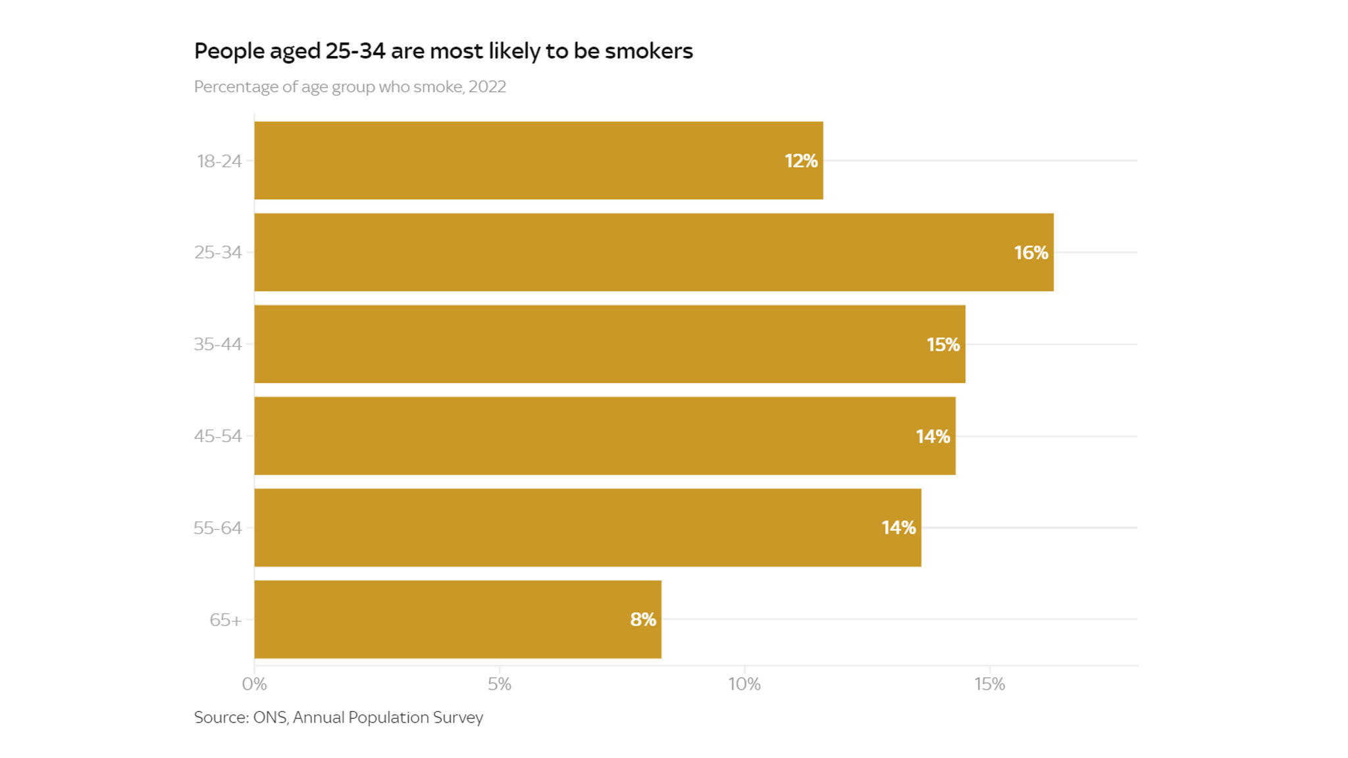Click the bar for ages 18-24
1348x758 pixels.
coord(538,160)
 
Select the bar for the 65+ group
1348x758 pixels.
coord(457,619)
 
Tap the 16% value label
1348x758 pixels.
coord(1031,253)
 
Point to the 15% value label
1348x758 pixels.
coord(943,345)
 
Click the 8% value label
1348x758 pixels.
coord(642,620)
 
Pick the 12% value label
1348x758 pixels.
coord(800,161)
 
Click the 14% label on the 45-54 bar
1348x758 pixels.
coord(932,437)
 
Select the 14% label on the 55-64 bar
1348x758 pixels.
coord(898,528)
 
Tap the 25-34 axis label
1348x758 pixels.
coord(218,253)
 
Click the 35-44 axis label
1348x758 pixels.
coord(218,345)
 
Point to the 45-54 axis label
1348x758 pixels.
coord(218,436)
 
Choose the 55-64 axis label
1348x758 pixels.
coord(218,528)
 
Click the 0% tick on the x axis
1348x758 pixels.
coord(254,684)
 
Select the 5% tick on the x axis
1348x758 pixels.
coord(499,684)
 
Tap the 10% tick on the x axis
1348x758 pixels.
coord(744,684)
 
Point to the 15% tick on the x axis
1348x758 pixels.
coord(989,684)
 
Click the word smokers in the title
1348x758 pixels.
coord(648,51)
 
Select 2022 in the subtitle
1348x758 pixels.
coord(487,87)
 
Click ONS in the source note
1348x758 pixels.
coord(270,717)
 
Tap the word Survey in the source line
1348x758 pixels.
coord(458,717)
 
